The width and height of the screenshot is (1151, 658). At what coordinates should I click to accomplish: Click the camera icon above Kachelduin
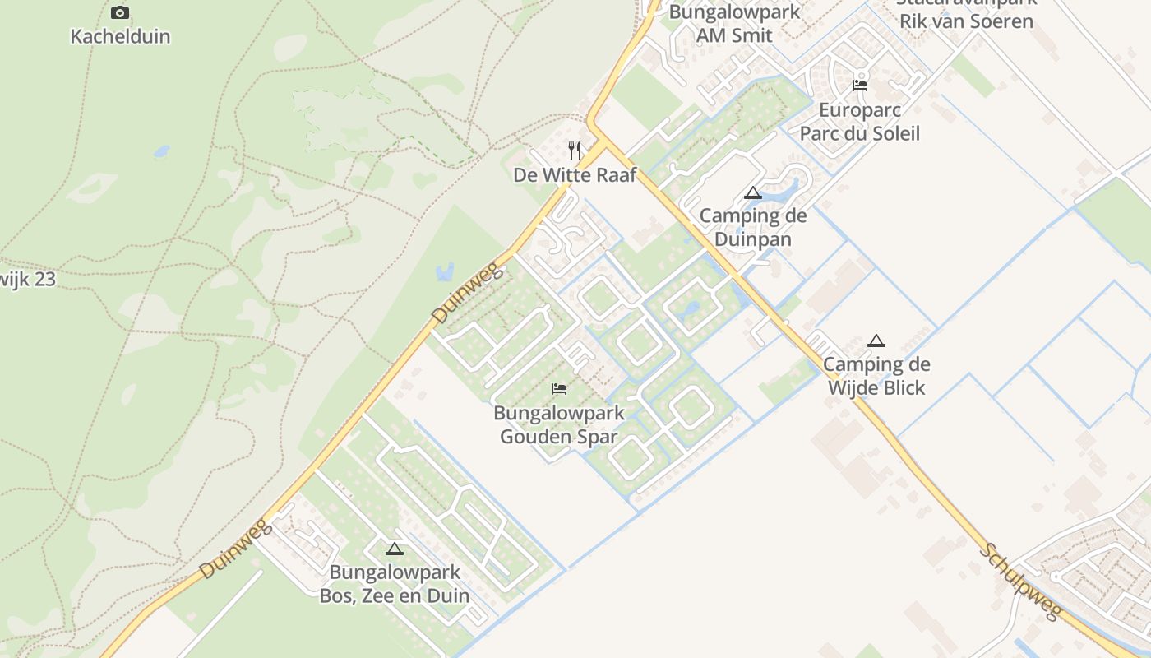click(x=120, y=12)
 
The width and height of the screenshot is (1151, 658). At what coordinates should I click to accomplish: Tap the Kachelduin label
click(x=120, y=36)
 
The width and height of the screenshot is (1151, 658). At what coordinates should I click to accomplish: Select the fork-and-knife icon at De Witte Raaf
click(x=575, y=151)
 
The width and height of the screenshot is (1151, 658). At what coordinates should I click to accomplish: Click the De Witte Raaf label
click(x=575, y=175)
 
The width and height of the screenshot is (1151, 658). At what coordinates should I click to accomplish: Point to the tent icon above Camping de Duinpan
click(x=752, y=193)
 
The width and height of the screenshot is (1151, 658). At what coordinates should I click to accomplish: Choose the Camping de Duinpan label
click(x=753, y=228)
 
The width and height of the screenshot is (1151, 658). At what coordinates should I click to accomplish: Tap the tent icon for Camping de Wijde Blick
click(x=876, y=341)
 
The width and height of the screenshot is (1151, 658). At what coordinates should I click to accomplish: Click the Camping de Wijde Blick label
click(x=876, y=376)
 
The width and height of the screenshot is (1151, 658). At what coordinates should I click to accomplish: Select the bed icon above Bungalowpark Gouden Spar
click(x=559, y=388)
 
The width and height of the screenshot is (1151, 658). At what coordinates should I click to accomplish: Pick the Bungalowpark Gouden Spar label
click(x=559, y=424)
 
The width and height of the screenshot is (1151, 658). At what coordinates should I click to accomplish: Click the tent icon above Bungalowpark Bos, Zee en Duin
click(x=395, y=549)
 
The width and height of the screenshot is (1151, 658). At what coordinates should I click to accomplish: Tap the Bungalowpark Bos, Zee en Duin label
click(x=395, y=584)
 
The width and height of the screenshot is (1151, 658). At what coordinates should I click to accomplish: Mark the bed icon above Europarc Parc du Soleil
click(x=860, y=86)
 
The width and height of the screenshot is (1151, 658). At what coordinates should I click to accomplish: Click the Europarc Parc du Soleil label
click(x=860, y=122)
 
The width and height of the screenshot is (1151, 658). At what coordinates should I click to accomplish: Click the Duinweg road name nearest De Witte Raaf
click(x=466, y=294)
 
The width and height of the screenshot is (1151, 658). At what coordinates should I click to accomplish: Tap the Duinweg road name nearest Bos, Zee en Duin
click(x=235, y=549)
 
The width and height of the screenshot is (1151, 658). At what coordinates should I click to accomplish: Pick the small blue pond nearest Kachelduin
click(x=161, y=152)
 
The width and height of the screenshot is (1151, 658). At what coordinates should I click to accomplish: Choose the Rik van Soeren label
click(x=966, y=21)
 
